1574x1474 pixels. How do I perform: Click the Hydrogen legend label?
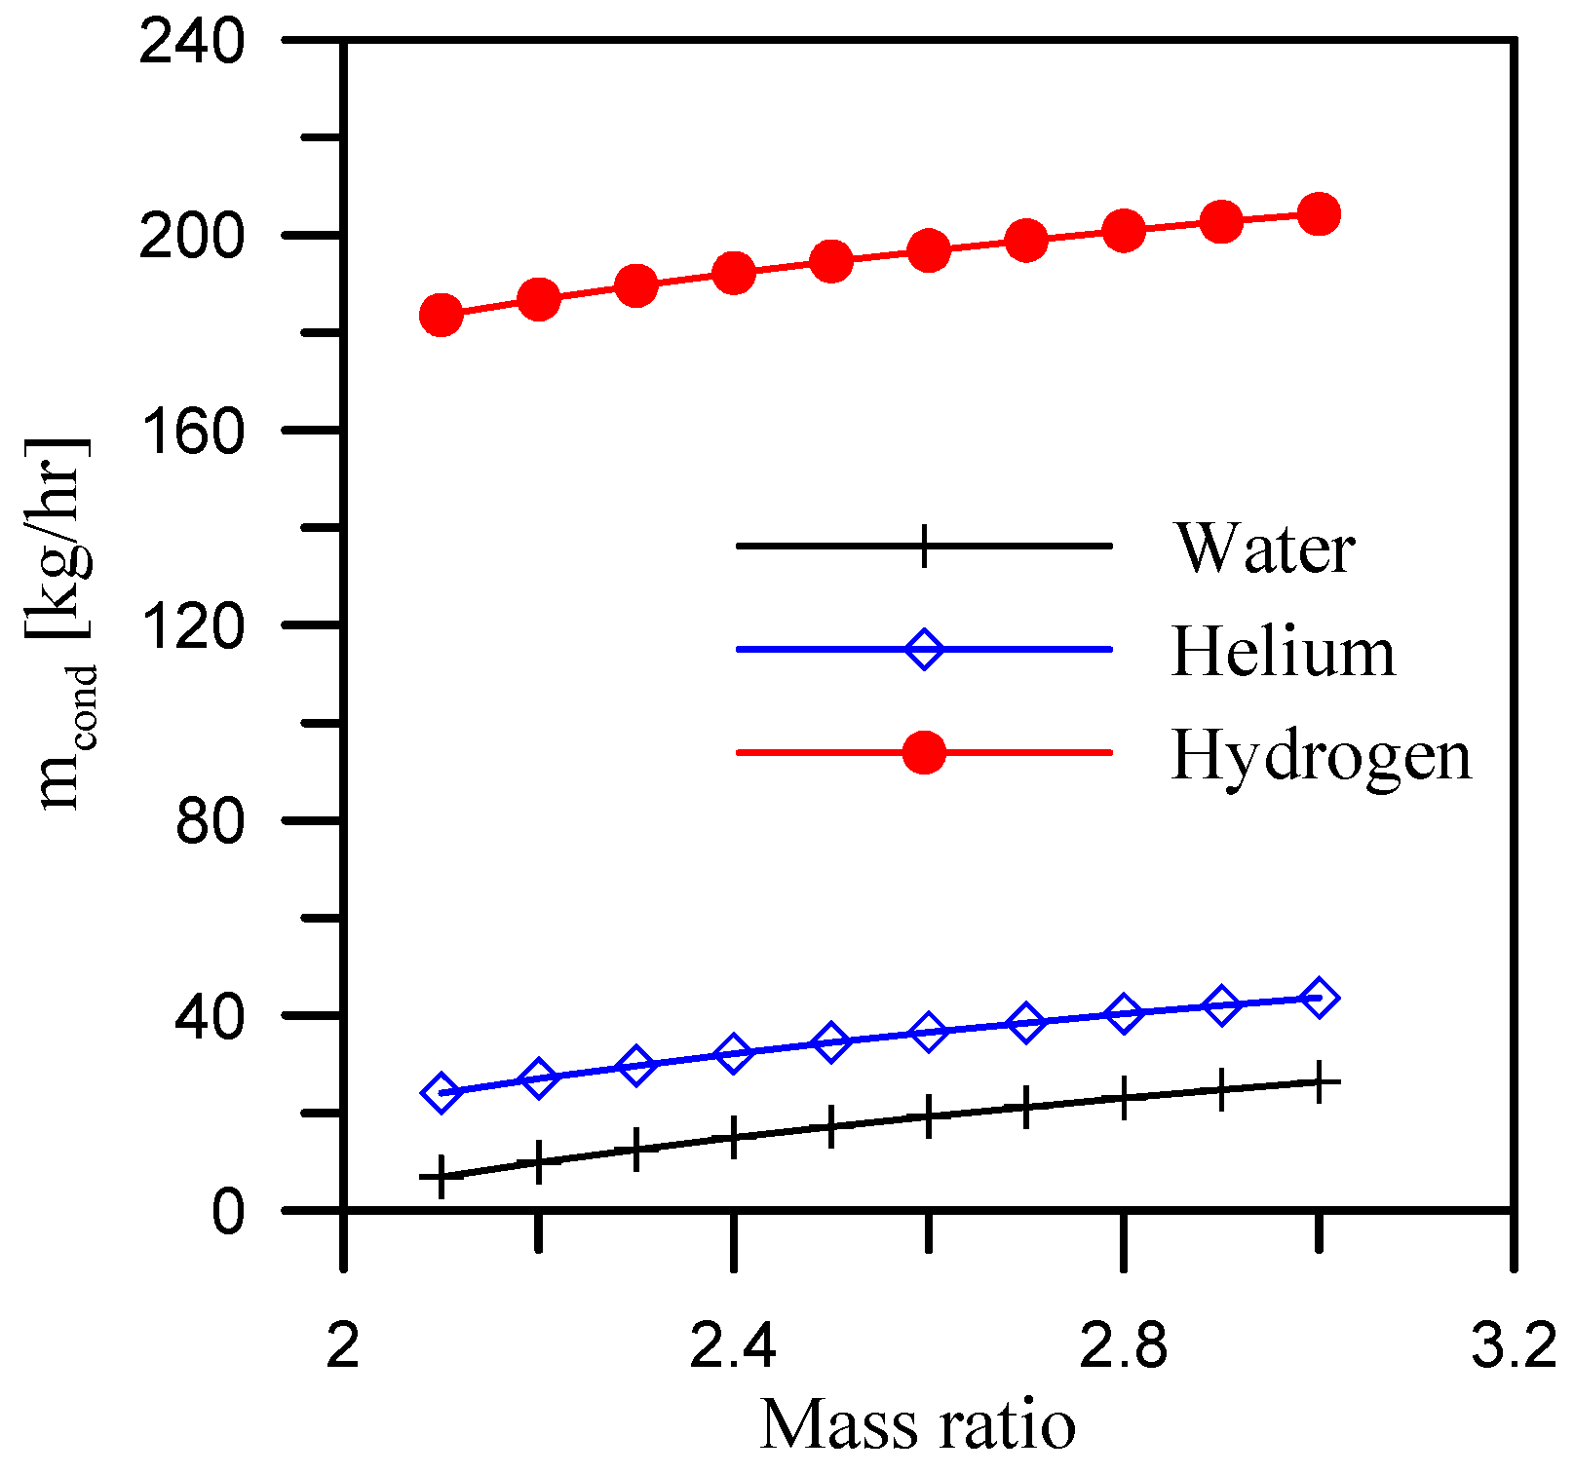pos(1321,756)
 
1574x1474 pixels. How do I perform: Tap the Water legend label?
pos(1264,548)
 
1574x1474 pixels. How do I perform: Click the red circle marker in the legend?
pos(924,752)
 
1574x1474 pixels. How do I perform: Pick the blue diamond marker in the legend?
pos(924,649)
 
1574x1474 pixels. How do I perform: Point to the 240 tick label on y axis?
pos(191,43)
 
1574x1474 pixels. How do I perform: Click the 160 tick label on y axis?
pos(191,431)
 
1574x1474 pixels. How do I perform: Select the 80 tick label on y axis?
pos(209,821)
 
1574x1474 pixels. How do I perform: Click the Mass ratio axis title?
pos(917,1424)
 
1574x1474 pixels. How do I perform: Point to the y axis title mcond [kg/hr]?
pos(60,624)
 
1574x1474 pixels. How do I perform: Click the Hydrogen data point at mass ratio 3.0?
pos(1319,213)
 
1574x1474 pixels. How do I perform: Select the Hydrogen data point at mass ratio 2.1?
pos(441,315)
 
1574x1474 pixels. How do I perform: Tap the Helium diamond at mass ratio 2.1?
pos(441,1093)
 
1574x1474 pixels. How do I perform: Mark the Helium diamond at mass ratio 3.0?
pos(1319,998)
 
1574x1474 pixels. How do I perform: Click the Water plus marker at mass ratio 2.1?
pos(441,1177)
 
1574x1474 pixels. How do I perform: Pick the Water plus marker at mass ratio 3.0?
pos(1319,1082)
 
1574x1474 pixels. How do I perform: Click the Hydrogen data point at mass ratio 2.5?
pos(830,261)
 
